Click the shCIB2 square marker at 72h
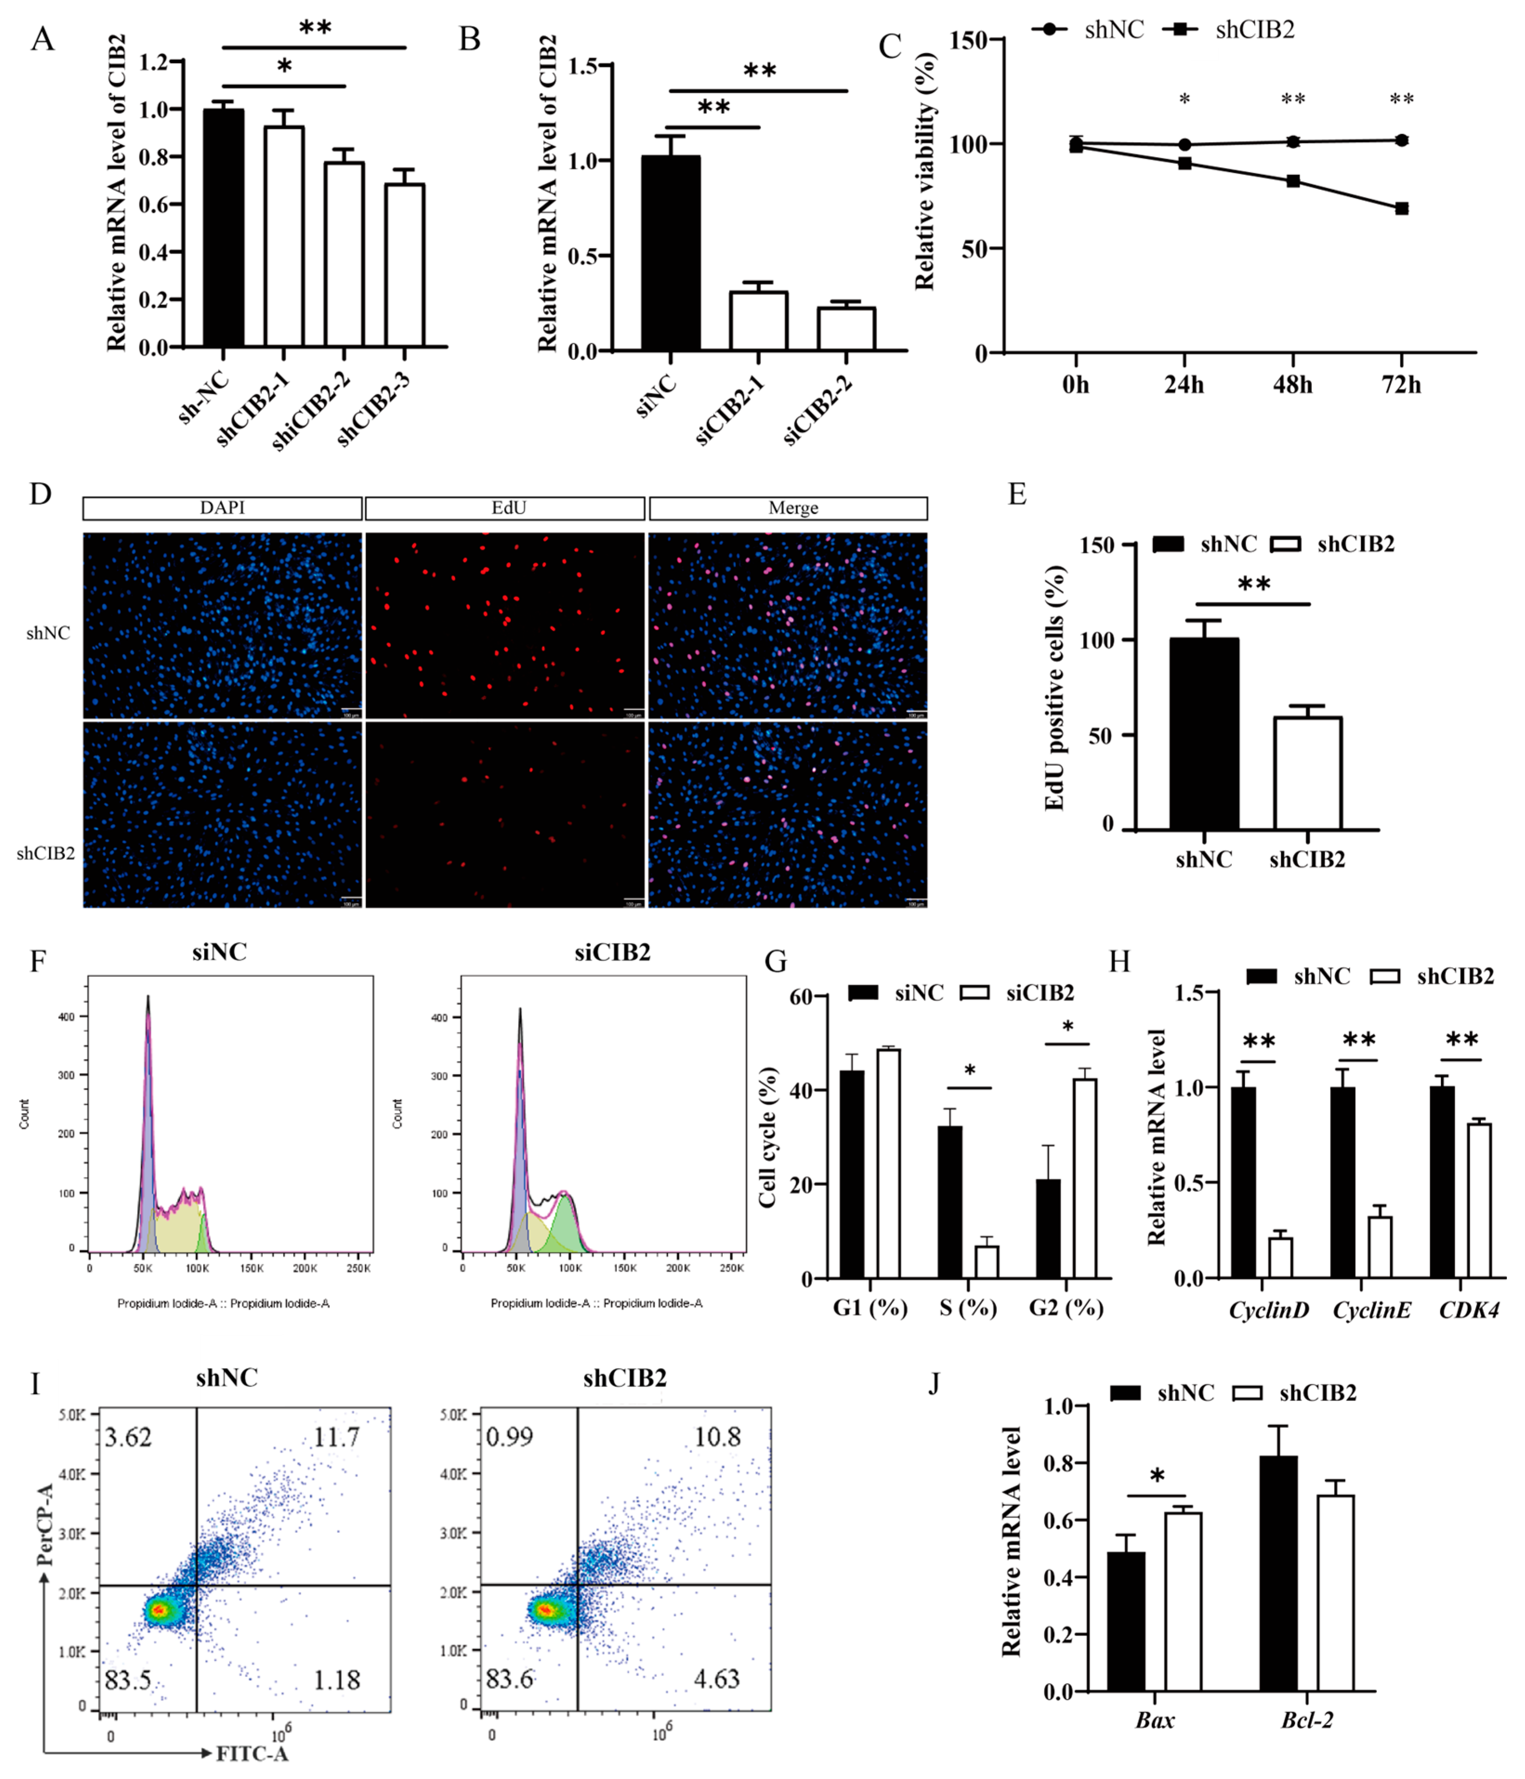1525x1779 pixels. [x=1401, y=209]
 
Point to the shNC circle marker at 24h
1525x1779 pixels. [x=1184, y=144]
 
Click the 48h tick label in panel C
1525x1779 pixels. [x=1292, y=385]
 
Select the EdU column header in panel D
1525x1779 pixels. [x=505, y=508]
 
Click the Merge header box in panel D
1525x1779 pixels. [x=788, y=508]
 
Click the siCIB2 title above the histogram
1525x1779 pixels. [x=612, y=952]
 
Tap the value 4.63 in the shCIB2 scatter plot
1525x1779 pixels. [x=716, y=1679]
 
